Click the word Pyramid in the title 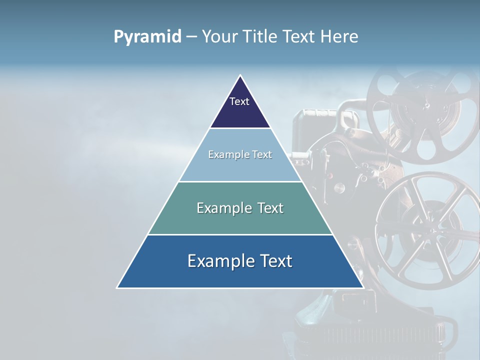pos(147,37)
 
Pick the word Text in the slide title pos(300,37)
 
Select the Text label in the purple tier pos(239,101)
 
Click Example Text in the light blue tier pos(240,154)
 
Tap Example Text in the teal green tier pos(240,208)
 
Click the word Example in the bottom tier pos(219,261)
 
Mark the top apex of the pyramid pos(240,75)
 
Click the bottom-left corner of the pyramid pos(117,287)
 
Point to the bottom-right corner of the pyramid pos(363,287)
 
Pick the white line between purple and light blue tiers pos(240,128)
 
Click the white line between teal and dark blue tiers pos(240,234)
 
